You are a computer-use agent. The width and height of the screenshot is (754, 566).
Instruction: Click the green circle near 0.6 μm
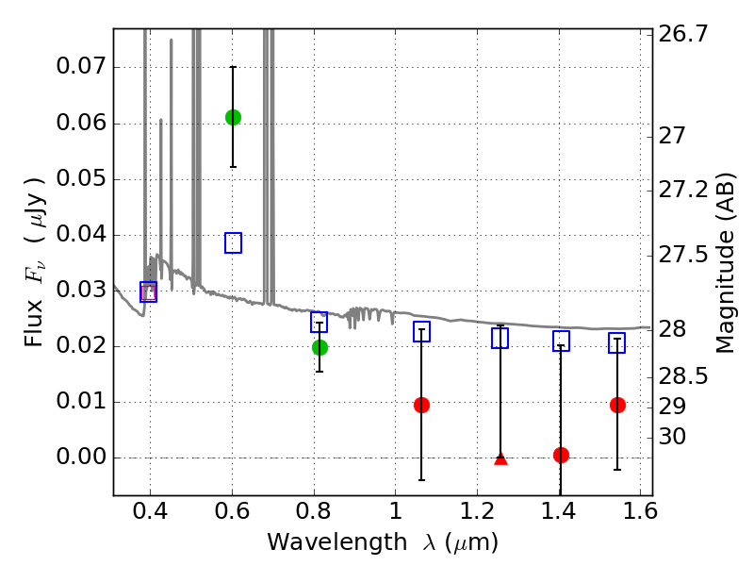[x=233, y=117]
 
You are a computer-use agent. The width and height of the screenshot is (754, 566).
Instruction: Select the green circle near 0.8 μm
[x=320, y=347]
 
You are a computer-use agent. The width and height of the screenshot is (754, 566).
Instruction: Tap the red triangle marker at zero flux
[x=500, y=458]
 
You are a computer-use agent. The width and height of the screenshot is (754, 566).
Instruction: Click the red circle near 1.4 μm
[x=561, y=455]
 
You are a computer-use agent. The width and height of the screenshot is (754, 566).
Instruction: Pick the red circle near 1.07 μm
[x=421, y=405]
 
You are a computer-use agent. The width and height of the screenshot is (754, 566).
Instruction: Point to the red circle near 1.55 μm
[x=617, y=405]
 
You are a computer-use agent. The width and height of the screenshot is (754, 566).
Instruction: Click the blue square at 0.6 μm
[x=233, y=242]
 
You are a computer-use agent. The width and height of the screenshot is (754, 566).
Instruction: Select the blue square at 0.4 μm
[x=148, y=291]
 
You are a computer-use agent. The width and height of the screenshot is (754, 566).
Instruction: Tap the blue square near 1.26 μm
[x=500, y=338]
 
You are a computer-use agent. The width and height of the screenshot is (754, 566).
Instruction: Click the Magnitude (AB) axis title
[x=725, y=262]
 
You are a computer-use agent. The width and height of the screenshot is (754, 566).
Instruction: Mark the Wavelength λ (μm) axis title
[x=383, y=542]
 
